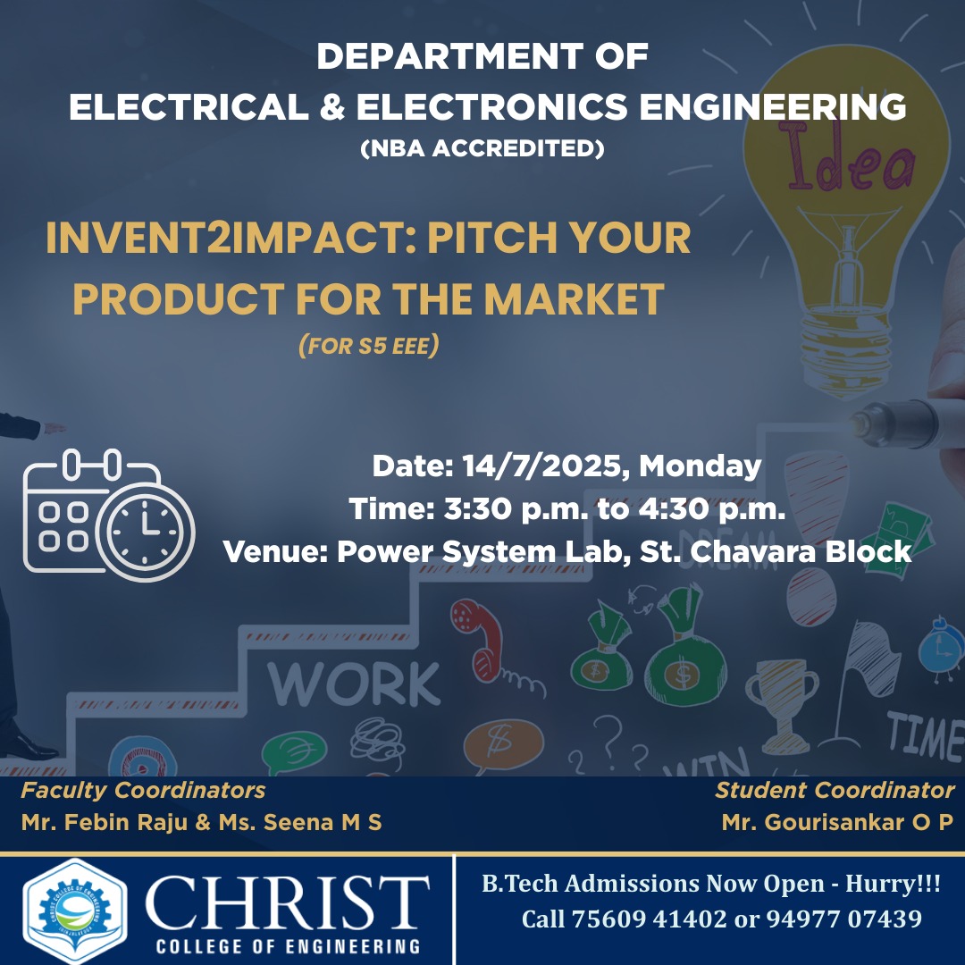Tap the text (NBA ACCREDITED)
click(482, 148)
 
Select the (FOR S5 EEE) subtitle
click(369, 345)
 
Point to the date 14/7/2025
click(541, 466)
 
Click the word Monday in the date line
click(701, 466)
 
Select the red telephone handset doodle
click(477, 640)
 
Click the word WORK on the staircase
click(355, 684)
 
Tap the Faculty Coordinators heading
click(143, 790)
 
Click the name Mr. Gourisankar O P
click(837, 822)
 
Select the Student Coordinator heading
click(835, 790)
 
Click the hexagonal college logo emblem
click(75, 910)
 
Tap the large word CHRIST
click(288, 902)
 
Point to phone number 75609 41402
click(650, 919)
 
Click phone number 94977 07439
click(843, 919)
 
